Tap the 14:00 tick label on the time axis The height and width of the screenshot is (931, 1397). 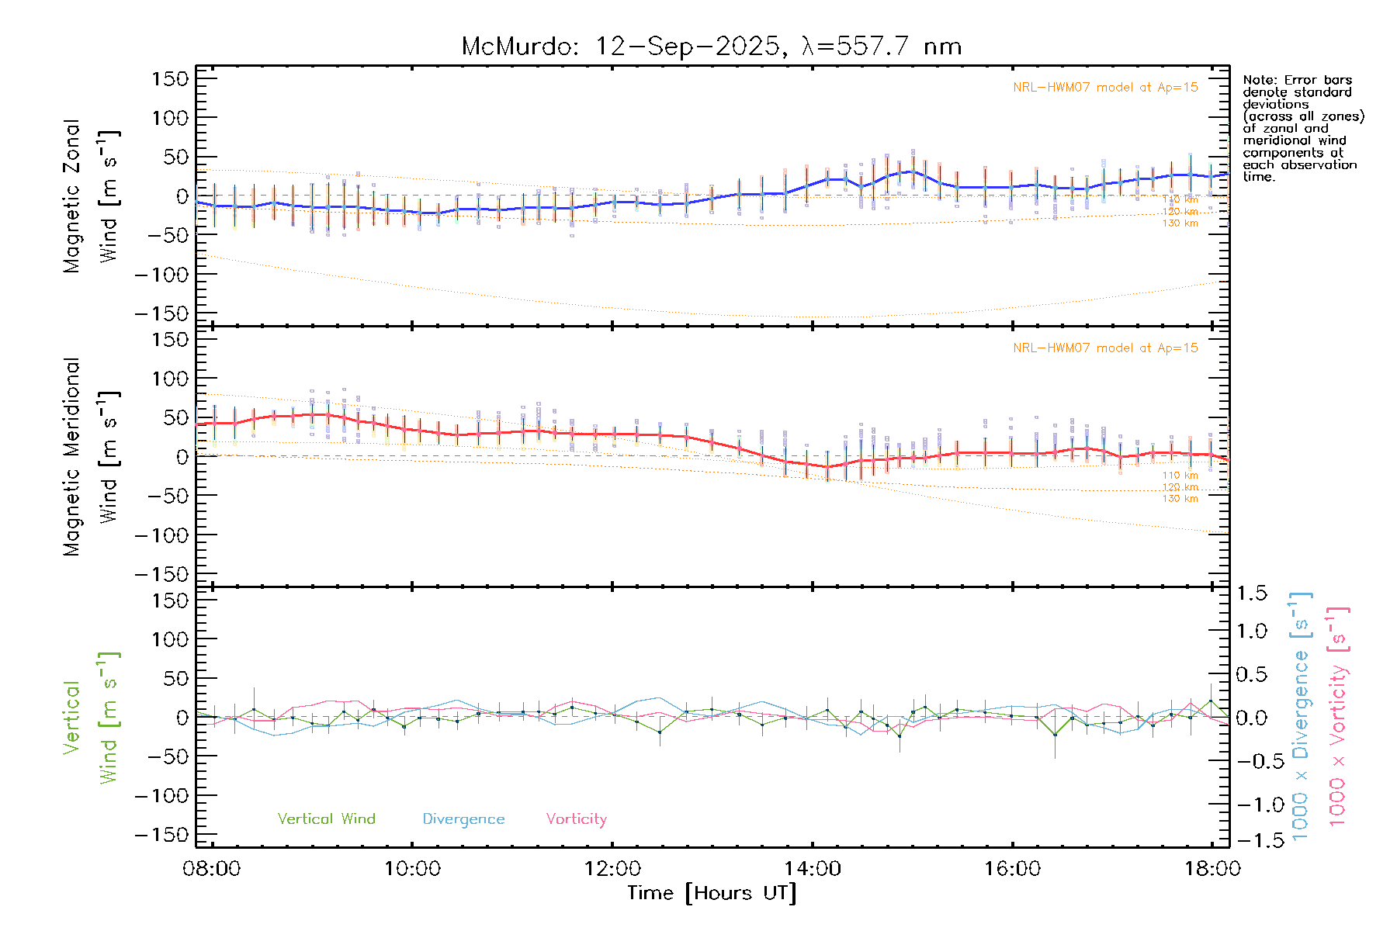(x=813, y=869)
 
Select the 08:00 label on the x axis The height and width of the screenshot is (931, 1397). (x=211, y=869)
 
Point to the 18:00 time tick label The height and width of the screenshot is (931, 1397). (x=1212, y=869)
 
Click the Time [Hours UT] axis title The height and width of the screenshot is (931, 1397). (x=712, y=893)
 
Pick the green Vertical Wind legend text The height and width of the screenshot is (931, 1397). (x=326, y=819)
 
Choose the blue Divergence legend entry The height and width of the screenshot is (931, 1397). (x=463, y=819)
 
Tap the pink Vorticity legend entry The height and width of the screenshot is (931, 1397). (x=576, y=819)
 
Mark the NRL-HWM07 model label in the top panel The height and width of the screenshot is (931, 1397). (x=1105, y=88)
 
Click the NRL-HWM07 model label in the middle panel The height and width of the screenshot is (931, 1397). (x=1105, y=348)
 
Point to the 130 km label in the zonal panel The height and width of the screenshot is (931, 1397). (x=1180, y=223)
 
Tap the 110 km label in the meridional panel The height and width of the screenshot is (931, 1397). (x=1180, y=476)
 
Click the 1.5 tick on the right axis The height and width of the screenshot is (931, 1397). (x=1252, y=594)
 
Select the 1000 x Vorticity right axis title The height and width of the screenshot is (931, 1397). (x=1337, y=717)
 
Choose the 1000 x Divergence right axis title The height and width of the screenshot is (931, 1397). (x=1301, y=717)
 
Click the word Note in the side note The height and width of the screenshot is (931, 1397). (x=1259, y=80)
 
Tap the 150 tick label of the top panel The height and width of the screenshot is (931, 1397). (x=170, y=79)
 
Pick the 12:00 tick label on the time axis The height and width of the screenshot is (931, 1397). (x=612, y=869)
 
